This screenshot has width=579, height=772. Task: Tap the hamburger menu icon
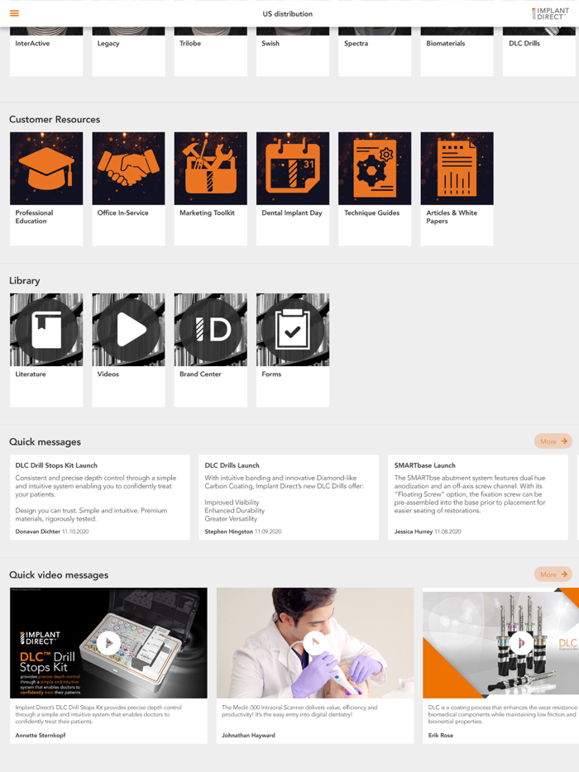[x=14, y=13]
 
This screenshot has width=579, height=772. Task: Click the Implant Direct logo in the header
[x=550, y=13]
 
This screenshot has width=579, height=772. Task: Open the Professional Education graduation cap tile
[x=46, y=169]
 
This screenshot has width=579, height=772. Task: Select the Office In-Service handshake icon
[x=128, y=169]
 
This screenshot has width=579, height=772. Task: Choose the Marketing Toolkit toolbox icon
[x=210, y=169]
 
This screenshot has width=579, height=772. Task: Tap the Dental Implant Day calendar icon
[x=293, y=169]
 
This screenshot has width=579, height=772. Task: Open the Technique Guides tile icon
[x=375, y=169]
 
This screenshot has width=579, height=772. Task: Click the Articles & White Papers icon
[x=457, y=169]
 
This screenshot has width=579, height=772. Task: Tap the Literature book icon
[x=46, y=330]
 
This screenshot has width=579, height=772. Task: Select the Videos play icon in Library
[x=128, y=330]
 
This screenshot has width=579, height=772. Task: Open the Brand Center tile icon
[x=210, y=330]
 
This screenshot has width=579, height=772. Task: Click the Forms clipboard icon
[x=293, y=330]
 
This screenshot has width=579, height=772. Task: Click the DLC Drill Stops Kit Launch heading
[x=57, y=465]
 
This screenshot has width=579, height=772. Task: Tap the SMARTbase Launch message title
[x=424, y=465]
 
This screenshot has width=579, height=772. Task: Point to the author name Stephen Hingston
[x=229, y=531]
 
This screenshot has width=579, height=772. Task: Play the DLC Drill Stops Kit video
[x=108, y=642]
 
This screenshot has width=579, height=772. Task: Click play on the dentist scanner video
[x=314, y=642]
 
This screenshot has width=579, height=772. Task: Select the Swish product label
[x=270, y=43]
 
